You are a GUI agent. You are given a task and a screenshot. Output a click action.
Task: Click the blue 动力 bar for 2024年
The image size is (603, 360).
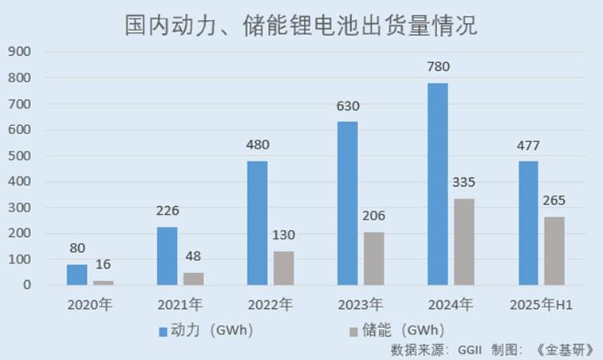[437, 184]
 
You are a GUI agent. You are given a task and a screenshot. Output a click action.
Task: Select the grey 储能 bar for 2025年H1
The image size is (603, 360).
[554, 251]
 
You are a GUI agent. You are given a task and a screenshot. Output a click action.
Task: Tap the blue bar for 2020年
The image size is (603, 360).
[77, 275]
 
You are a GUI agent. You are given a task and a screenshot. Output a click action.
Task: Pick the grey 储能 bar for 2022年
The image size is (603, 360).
[283, 268]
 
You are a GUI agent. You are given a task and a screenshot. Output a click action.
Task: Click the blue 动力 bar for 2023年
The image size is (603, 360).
[347, 203]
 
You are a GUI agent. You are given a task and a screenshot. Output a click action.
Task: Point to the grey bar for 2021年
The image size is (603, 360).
[193, 279]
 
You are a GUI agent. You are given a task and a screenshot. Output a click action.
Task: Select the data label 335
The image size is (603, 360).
[463, 183]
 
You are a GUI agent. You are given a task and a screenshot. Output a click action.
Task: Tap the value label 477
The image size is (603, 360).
[528, 145]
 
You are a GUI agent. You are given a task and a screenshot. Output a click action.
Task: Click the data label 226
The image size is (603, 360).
[167, 211]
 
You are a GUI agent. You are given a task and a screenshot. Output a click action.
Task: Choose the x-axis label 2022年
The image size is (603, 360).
[270, 304]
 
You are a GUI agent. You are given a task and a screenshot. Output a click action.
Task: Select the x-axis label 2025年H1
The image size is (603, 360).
[541, 304]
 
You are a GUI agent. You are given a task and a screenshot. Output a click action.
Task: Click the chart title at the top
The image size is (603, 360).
[301, 25]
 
